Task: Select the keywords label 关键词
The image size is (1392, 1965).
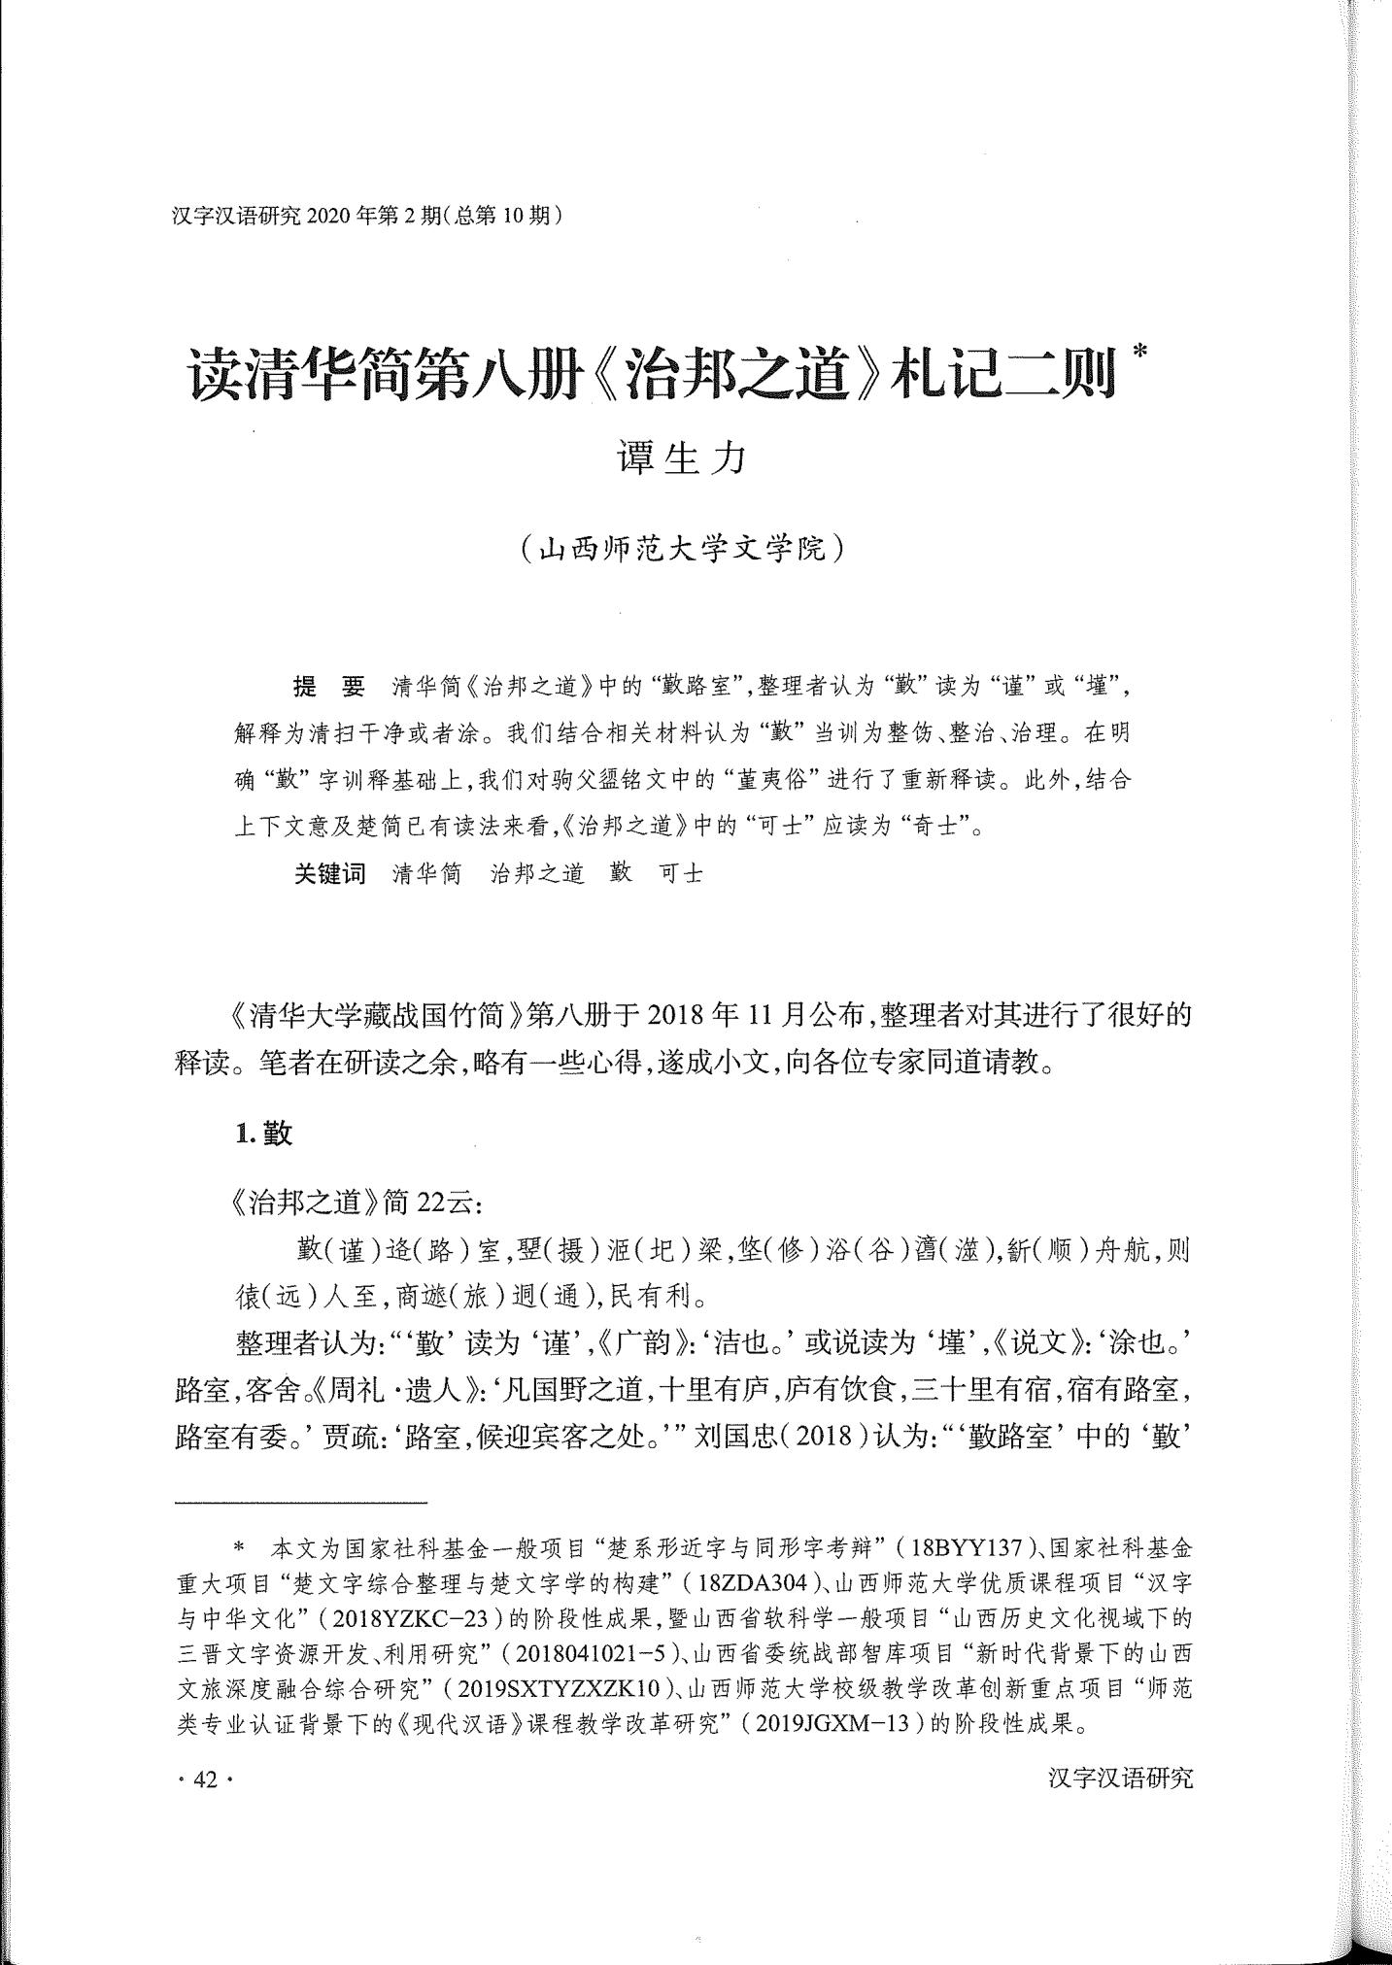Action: pyautogui.click(x=330, y=873)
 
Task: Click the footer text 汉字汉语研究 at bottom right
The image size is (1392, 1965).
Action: pyautogui.click(x=1120, y=1779)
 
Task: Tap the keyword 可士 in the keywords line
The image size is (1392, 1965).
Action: pyautogui.click(x=681, y=873)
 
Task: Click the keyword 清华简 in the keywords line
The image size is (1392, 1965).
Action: pyautogui.click(x=427, y=873)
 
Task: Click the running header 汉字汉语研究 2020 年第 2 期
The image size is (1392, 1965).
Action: pyautogui.click(x=367, y=216)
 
